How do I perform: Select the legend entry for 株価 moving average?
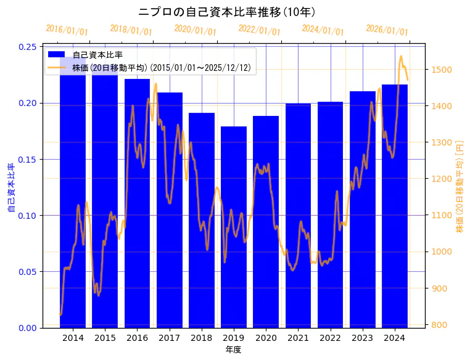(161, 68)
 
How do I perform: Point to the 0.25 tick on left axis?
(28, 47)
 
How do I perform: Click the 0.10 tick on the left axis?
(28, 216)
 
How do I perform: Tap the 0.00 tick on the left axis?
(28, 328)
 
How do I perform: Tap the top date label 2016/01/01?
(67, 30)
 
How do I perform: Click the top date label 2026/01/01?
(387, 30)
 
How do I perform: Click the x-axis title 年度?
(233, 350)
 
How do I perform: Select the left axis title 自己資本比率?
(10, 187)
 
